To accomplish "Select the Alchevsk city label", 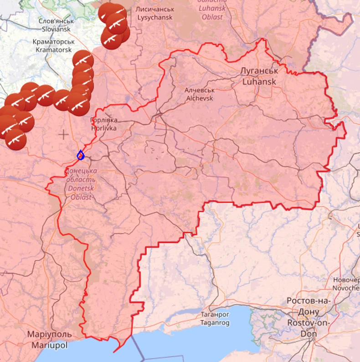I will pos(200,97).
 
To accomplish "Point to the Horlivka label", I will pos(104,128).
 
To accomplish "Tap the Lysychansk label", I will pos(155,17).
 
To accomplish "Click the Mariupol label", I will pos(49,345).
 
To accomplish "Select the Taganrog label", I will pos(215,322).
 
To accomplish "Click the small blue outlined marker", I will pos(81,155).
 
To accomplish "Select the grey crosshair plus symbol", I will pos(63,134).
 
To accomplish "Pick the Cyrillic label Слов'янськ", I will pos(56,21).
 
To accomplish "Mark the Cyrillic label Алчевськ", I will pos(200,90).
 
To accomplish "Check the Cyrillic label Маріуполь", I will pos(49,335).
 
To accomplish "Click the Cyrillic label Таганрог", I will pos(215,315).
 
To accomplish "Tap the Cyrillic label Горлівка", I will pos(104,120).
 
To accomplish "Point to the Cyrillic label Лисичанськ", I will pos(155,9).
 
